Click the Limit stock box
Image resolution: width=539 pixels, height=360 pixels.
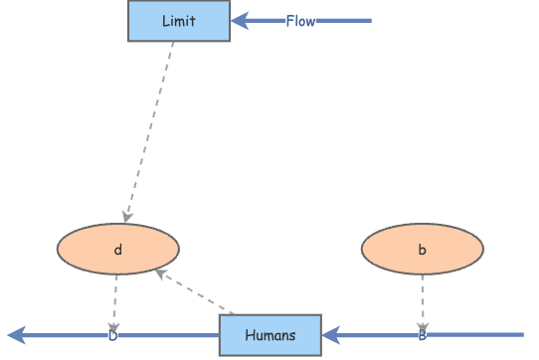pyautogui.click(x=179, y=21)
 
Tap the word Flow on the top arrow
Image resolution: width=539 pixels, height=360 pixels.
pyautogui.click(x=300, y=21)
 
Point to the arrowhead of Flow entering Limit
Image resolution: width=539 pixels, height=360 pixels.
pyautogui.click(x=239, y=21)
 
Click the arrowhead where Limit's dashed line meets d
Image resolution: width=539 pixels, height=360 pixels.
pyautogui.click(x=126, y=217)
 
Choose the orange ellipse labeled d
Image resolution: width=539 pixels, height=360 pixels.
pyautogui.click(x=118, y=250)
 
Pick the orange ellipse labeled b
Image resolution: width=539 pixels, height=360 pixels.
pyautogui.click(x=422, y=250)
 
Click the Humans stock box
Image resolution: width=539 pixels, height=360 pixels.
pyautogui.click(x=269, y=335)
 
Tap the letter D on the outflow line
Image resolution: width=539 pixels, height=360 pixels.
pyautogui.click(x=112, y=335)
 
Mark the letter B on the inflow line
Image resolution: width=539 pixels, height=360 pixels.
pyautogui.click(x=422, y=335)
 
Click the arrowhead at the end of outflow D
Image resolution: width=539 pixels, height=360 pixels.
pyautogui.click(x=15, y=335)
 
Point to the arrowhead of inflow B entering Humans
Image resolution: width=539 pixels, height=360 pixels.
pyautogui.click(x=330, y=335)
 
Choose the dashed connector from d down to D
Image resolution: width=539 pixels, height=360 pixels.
pyautogui.click(x=115, y=298)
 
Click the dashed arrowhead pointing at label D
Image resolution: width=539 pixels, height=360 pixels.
pyautogui.click(x=113, y=327)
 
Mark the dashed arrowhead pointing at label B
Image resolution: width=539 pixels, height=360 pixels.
pyautogui.click(x=422, y=327)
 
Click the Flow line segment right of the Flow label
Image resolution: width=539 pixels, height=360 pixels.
pyautogui.click(x=343, y=21)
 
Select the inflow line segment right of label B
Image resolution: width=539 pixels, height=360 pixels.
pyautogui.click(x=477, y=335)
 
